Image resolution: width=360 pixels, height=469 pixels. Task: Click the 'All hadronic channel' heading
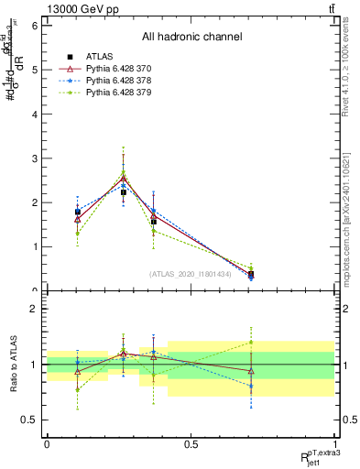191,38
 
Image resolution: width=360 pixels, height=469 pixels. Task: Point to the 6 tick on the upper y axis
34,26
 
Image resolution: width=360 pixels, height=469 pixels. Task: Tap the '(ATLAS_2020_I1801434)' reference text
191,274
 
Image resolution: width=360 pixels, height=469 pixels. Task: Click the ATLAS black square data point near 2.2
124,192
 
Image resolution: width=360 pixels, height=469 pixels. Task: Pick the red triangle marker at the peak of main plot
124,179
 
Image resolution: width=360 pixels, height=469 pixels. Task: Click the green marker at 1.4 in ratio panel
251,343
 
